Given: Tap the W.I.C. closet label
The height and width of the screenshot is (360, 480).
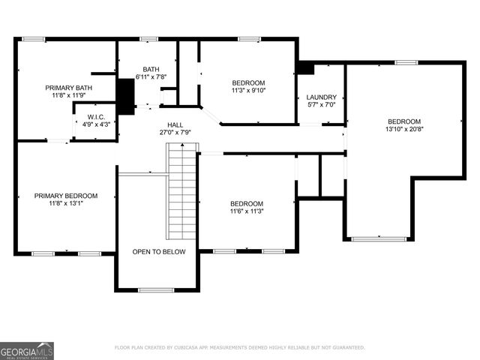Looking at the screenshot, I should point(95,116).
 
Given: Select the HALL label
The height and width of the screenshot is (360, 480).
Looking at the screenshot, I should point(175,124).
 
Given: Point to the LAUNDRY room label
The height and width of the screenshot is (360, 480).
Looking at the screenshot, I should point(322,97).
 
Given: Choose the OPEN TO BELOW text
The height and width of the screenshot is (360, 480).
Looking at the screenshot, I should point(158,252).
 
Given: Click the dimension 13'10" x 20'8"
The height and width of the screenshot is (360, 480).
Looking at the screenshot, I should point(403,129).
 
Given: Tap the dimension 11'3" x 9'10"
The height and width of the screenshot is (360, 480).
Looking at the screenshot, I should point(248,90).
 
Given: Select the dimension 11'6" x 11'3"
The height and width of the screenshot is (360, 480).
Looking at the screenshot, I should point(247,211).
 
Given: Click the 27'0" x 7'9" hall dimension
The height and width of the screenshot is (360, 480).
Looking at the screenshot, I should point(175,132).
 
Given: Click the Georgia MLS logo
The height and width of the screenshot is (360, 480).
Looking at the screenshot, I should point(27,350).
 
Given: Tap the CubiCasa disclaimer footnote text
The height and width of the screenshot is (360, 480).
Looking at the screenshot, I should point(239,347).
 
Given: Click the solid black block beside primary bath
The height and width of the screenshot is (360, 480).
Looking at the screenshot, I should point(126,96).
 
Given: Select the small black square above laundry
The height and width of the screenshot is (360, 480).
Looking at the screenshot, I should point(304,67).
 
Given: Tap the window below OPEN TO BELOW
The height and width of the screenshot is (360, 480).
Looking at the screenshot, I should point(156,289).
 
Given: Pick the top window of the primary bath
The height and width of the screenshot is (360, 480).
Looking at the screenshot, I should point(32,39).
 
